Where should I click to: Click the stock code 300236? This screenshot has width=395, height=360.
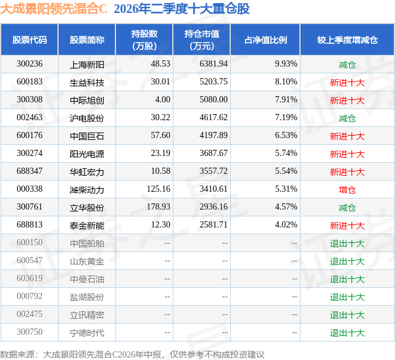point(30,64)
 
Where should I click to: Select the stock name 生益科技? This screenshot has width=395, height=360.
point(87,83)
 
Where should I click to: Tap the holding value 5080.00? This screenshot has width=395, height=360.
point(214,100)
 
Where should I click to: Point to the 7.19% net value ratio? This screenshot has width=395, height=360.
point(286,118)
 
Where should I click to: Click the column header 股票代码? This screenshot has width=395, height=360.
point(30,39)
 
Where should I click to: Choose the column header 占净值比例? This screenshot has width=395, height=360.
point(265,39)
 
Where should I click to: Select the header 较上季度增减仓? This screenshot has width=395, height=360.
point(347,39)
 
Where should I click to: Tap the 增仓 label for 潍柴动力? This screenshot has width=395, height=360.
point(347,190)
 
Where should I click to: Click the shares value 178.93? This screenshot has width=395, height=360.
point(159,207)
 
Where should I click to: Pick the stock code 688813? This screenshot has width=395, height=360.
point(30,224)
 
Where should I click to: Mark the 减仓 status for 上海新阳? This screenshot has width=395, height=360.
point(347,65)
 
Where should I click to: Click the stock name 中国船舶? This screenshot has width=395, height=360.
point(87,243)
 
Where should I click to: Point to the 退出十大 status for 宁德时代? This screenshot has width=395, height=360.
point(347,333)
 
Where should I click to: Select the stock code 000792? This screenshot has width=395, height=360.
point(30,296)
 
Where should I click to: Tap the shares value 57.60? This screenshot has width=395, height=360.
point(160,136)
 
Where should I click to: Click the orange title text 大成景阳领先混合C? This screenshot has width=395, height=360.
point(54,9)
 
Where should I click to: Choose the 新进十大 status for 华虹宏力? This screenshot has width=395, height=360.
point(347,172)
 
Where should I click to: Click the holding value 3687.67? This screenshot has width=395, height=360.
point(214,153)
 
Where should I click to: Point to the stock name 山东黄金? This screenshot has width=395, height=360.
point(87,261)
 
